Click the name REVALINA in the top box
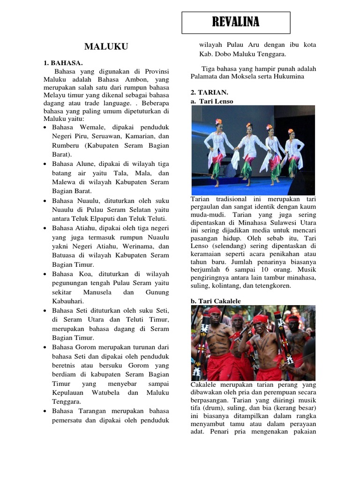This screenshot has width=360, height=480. (236, 22)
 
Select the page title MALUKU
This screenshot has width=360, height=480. (106, 46)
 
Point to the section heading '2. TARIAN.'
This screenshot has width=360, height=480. (210, 92)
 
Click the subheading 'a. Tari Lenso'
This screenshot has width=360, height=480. (212, 101)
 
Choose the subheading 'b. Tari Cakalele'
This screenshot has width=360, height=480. (216, 301)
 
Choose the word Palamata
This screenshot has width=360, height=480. (206, 76)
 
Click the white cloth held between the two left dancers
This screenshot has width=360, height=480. (234, 157)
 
